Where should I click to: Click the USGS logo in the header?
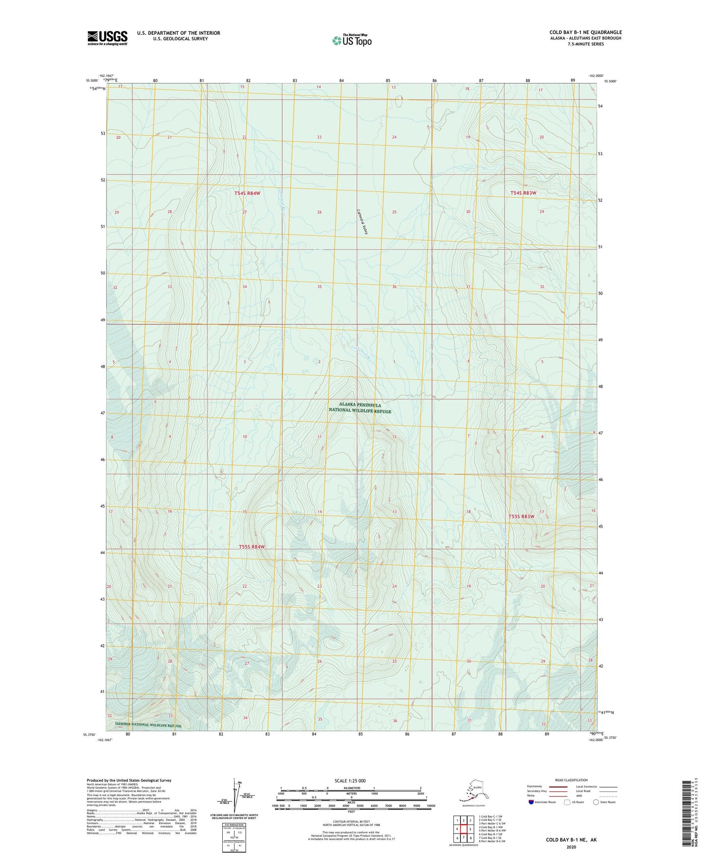[x=107, y=38]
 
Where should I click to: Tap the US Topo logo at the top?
[x=351, y=40]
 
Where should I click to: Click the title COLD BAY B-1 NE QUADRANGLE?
[x=585, y=32]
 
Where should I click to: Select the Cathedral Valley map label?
[x=362, y=222]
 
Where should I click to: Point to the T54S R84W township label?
[x=247, y=193]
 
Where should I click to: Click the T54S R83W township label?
[x=523, y=193]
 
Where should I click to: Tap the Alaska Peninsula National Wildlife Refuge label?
[x=360, y=408]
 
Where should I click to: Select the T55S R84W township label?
[x=252, y=547]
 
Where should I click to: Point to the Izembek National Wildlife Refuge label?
[x=144, y=725]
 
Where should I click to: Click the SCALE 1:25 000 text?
[x=350, y=780]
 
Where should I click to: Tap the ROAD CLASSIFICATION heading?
[x=571, y=780]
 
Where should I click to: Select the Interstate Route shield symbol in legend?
[x=531, y=802]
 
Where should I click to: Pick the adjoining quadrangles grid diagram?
[x=464, y=829]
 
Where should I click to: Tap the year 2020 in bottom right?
[x=571, y=847]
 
